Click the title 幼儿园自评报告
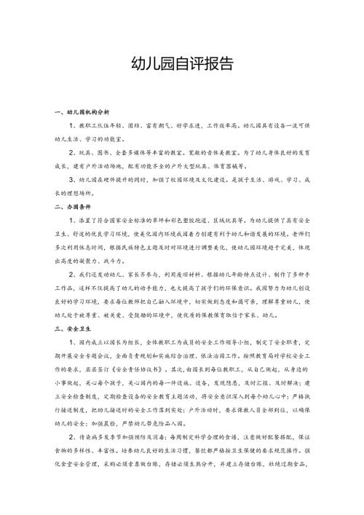[181, 63]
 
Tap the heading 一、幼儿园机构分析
[82, 113]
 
